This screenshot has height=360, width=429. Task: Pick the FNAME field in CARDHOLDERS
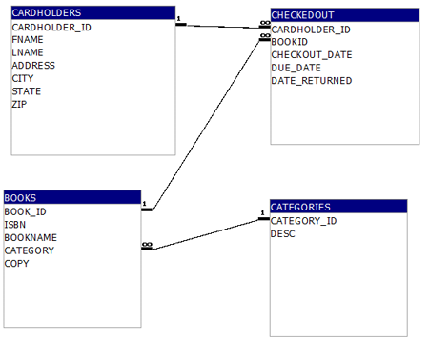click(x=28, y=40)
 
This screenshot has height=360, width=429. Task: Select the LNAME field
click(x=28, y=52)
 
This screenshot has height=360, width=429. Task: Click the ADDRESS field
click(x=33, y=66)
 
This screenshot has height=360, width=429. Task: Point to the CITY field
click(x=23, y=78)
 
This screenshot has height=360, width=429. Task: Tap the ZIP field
click(x=20, y=104)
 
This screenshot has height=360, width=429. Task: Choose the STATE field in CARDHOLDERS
click(x=27, y=90)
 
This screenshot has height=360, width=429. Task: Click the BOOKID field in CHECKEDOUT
click(x=290, y=42)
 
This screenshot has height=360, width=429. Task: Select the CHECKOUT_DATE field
click(x=312, y=54)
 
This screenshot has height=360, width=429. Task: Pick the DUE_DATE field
click(x=297, y=68)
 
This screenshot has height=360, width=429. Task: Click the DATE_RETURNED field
click(x=312, y=80)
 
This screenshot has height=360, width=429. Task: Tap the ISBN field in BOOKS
click(x=15, y=225)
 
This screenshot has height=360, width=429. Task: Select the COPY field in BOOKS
click(x=17, y=263)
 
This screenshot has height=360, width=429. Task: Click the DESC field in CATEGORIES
click(x=283, y=233)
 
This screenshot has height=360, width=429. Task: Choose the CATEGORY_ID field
click(x=303, y=220)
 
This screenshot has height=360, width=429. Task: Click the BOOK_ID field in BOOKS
click(x=26, y=211)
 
